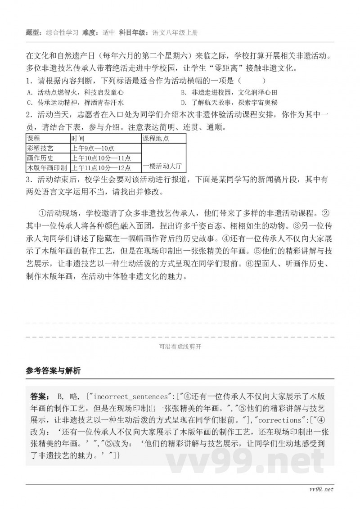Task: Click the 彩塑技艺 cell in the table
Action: coord(40,148)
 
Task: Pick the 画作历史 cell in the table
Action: coord(40,158)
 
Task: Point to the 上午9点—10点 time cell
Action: coord(93,148)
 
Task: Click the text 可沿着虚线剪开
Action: coord(180,347)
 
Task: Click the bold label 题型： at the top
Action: coord(36,32)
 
